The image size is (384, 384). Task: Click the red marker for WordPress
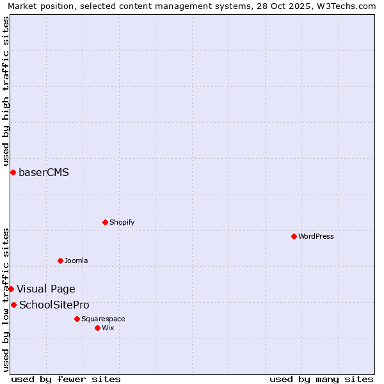[294, 236]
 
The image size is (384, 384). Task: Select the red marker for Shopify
[105, 222]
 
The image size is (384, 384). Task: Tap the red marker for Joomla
[60, 260]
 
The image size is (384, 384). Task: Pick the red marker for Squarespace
[77, 319]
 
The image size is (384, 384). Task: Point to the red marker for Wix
[97, 328]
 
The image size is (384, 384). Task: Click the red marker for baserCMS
[13, 172]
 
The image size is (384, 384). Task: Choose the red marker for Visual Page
[11, 289]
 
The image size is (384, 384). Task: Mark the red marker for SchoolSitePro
[13, 305]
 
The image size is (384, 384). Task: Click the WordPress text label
[316, 236]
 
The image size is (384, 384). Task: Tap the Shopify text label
[122, 222]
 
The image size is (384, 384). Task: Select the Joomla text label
[76, 260]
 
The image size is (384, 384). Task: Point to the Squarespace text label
[103, 319]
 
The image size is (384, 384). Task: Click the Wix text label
[108, 328]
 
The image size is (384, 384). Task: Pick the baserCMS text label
[44, 172]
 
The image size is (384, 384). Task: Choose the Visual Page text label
[46, 289]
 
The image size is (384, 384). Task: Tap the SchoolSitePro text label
[54, 305]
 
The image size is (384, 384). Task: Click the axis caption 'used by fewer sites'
[66, 379]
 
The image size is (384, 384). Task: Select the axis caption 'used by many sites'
[321, 379]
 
